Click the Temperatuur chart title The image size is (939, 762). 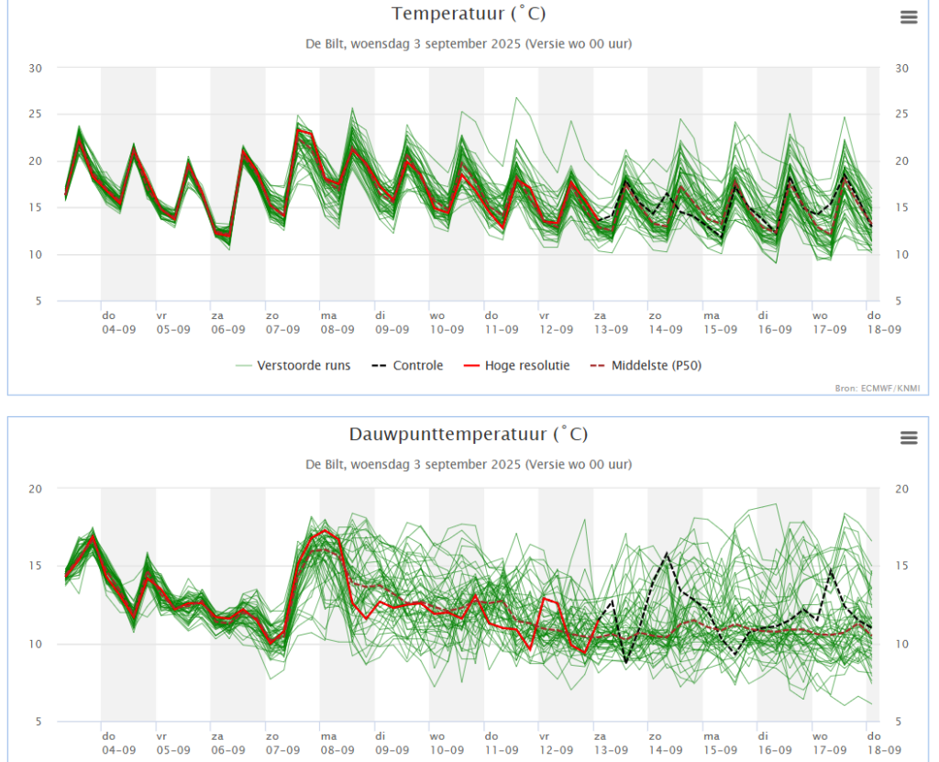pyautogui.click(x=469, y=14)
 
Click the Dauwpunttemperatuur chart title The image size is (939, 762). pyautogui.click(x=469, y=434)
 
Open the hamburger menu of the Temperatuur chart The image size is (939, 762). pyautogui.click(x=909, y=17)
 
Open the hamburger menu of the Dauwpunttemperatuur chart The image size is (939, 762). pyautogui.click(x=909, y=437)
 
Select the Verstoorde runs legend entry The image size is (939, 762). pyautogui.click(x=304, y=366)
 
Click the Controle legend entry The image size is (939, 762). pyautogui.click(x=417, y=366)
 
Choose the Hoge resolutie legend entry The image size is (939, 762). pyautogui.click(x=527, y=366)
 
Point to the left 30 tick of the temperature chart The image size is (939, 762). pyautogui.click(x=36, y=68)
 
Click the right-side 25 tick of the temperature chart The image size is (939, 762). pyautogui.click(x=901, y=115)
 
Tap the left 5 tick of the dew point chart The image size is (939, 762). pyautogui.click(x=36, y=722)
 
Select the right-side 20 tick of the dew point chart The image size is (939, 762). pyautogui.click(x=901, y=489)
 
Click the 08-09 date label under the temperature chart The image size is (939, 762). pyautogui.click(x=337, y=329)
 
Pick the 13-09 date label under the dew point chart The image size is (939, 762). pyautogui.click(x=611, y=750)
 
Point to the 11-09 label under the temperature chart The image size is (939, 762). pyautogui.click(x=502, y=329)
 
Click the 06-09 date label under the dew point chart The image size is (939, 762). pyautogui.click(x=228, y=750)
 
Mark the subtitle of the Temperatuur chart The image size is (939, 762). pyautogui.click(x=469, y=43)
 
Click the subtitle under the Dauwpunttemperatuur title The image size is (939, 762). pyautogui.click(x=469, y=464)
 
